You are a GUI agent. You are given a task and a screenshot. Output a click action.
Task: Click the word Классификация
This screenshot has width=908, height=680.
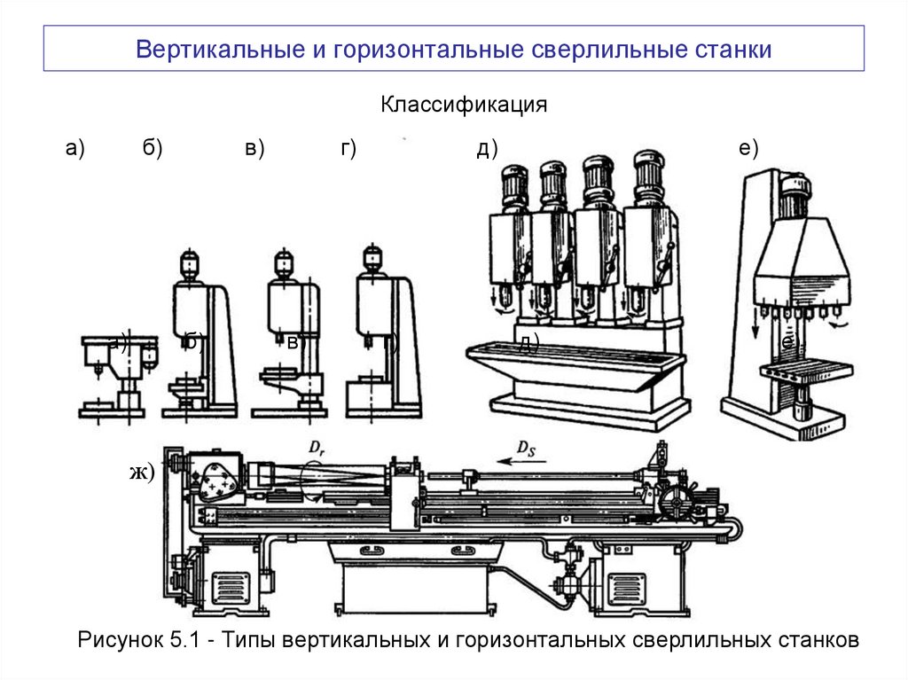pos(464,106)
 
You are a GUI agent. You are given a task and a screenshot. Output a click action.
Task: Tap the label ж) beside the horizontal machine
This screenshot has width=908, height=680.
pos(141,472)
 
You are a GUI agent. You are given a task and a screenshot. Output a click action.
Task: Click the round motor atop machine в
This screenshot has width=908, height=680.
pos(284,263)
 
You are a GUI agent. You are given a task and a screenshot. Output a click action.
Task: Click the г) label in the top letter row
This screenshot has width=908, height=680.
pos(347,149)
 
